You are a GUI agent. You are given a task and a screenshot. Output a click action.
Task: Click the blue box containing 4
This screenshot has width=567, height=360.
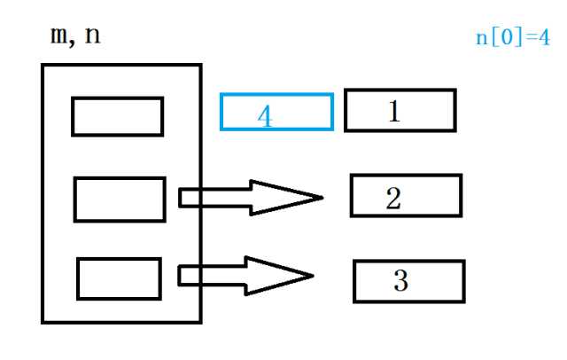coord(276,112)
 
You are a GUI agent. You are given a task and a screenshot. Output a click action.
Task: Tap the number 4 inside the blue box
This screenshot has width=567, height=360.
coord(264,117)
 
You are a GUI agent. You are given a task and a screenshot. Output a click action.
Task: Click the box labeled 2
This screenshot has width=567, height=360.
coord(406,196)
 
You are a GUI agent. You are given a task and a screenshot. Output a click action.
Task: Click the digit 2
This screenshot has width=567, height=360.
coord(393,197)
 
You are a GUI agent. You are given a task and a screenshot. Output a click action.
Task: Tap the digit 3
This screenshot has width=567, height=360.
coord(400,281)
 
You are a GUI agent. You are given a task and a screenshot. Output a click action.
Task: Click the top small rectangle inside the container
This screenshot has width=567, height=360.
coord(117,116)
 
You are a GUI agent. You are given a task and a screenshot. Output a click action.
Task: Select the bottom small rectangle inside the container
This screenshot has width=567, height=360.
coord(118,278)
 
